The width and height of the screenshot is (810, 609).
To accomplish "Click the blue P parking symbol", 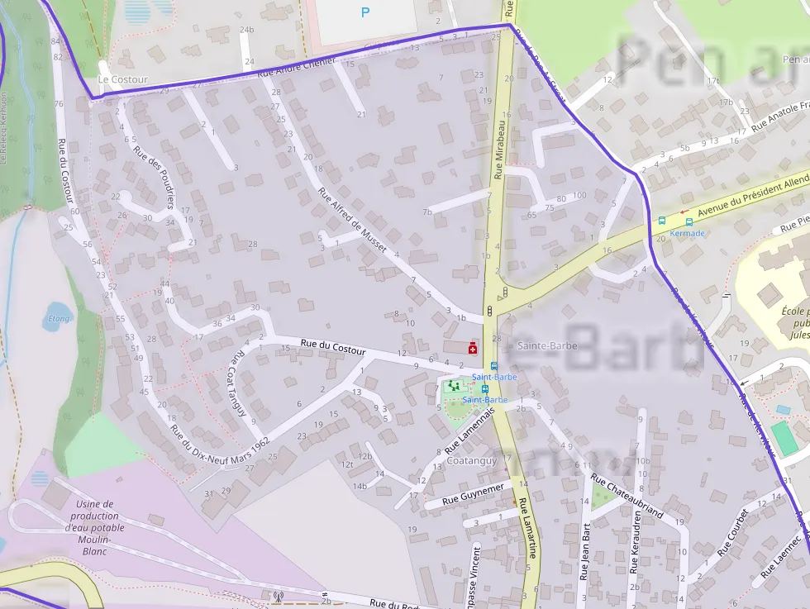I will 365,12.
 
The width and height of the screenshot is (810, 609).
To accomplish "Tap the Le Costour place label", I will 122,79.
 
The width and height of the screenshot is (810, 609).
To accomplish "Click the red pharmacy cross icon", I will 473,347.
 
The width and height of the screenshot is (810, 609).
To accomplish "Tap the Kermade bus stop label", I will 688,233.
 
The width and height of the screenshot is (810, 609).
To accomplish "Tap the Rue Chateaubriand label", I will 627,495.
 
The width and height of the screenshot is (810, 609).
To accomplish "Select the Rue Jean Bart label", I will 586,551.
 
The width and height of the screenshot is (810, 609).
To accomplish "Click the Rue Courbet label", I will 733,531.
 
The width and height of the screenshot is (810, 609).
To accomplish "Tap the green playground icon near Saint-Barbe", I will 452,386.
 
